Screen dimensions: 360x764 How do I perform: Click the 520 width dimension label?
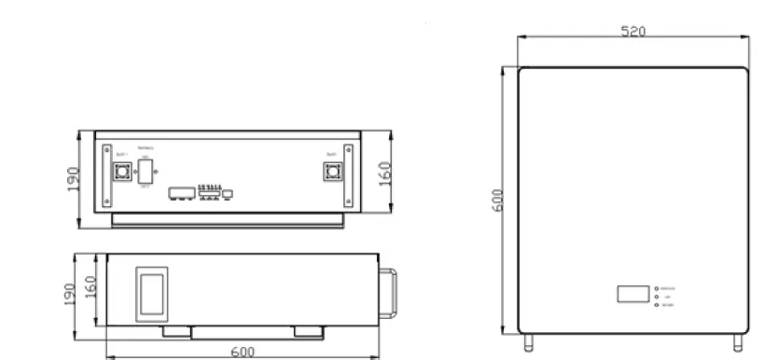click(633, 31)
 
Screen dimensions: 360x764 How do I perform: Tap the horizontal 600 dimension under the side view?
click(242, 352)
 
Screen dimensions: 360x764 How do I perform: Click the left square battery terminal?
click(120, 173)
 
